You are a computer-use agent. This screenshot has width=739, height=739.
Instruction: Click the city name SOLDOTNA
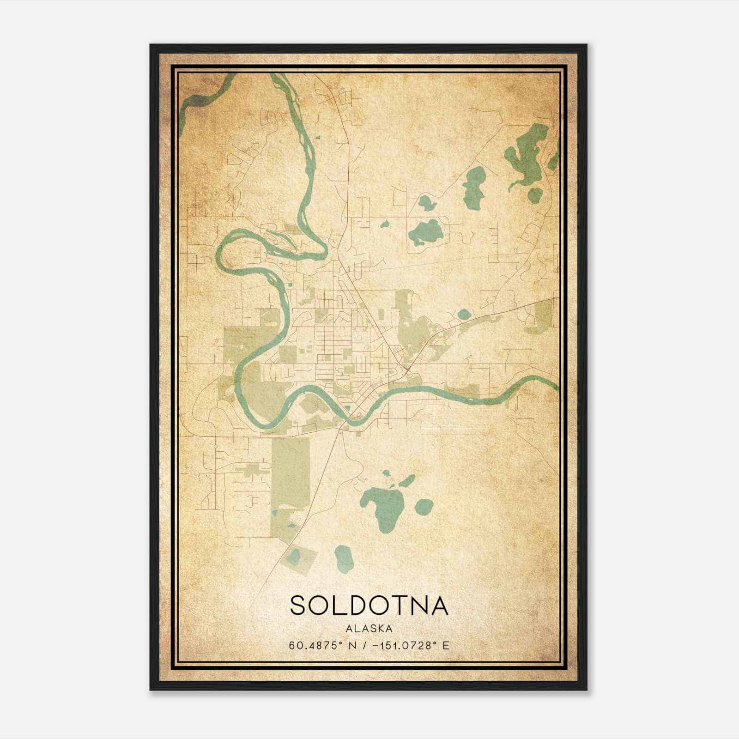click(369, 606)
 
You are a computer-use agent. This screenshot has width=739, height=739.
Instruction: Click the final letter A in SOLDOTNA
click(438, 606)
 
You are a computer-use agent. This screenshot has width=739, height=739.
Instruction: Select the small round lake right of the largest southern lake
click(424, 507)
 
